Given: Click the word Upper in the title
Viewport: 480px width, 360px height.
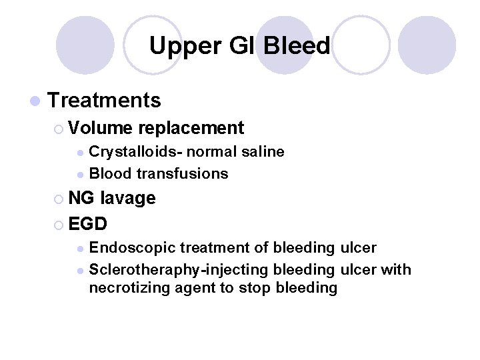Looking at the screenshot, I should pyautogui.click(x=177, y=46).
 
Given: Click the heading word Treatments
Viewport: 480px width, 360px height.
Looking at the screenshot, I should pyautogui.click(x=105, y=100).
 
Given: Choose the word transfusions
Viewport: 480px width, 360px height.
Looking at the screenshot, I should pyautogui.click(x=182, y=174).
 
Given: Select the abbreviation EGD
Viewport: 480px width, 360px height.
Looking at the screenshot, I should pyautogui.click(x=88, y=222).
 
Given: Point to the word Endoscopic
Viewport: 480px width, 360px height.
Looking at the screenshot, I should pyautogui.click(x=133, y=248).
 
